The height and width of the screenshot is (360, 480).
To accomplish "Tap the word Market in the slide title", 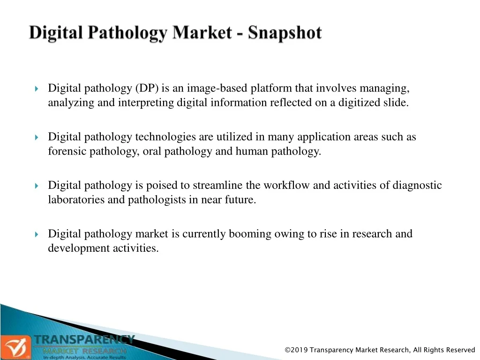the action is (202, 32).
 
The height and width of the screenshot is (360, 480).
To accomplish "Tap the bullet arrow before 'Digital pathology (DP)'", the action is (37, 89).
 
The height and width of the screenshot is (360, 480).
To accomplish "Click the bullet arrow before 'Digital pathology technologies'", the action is (37, 137).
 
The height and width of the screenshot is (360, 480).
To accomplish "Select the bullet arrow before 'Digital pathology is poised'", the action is (37, 186).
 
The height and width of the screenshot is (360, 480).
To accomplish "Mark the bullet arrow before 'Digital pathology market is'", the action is (37, 234).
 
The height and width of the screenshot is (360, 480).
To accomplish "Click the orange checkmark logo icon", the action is (15, 347).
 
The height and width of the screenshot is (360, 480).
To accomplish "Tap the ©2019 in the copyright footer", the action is (296, 350).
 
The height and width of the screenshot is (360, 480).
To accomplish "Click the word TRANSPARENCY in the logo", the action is (84, 340).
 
